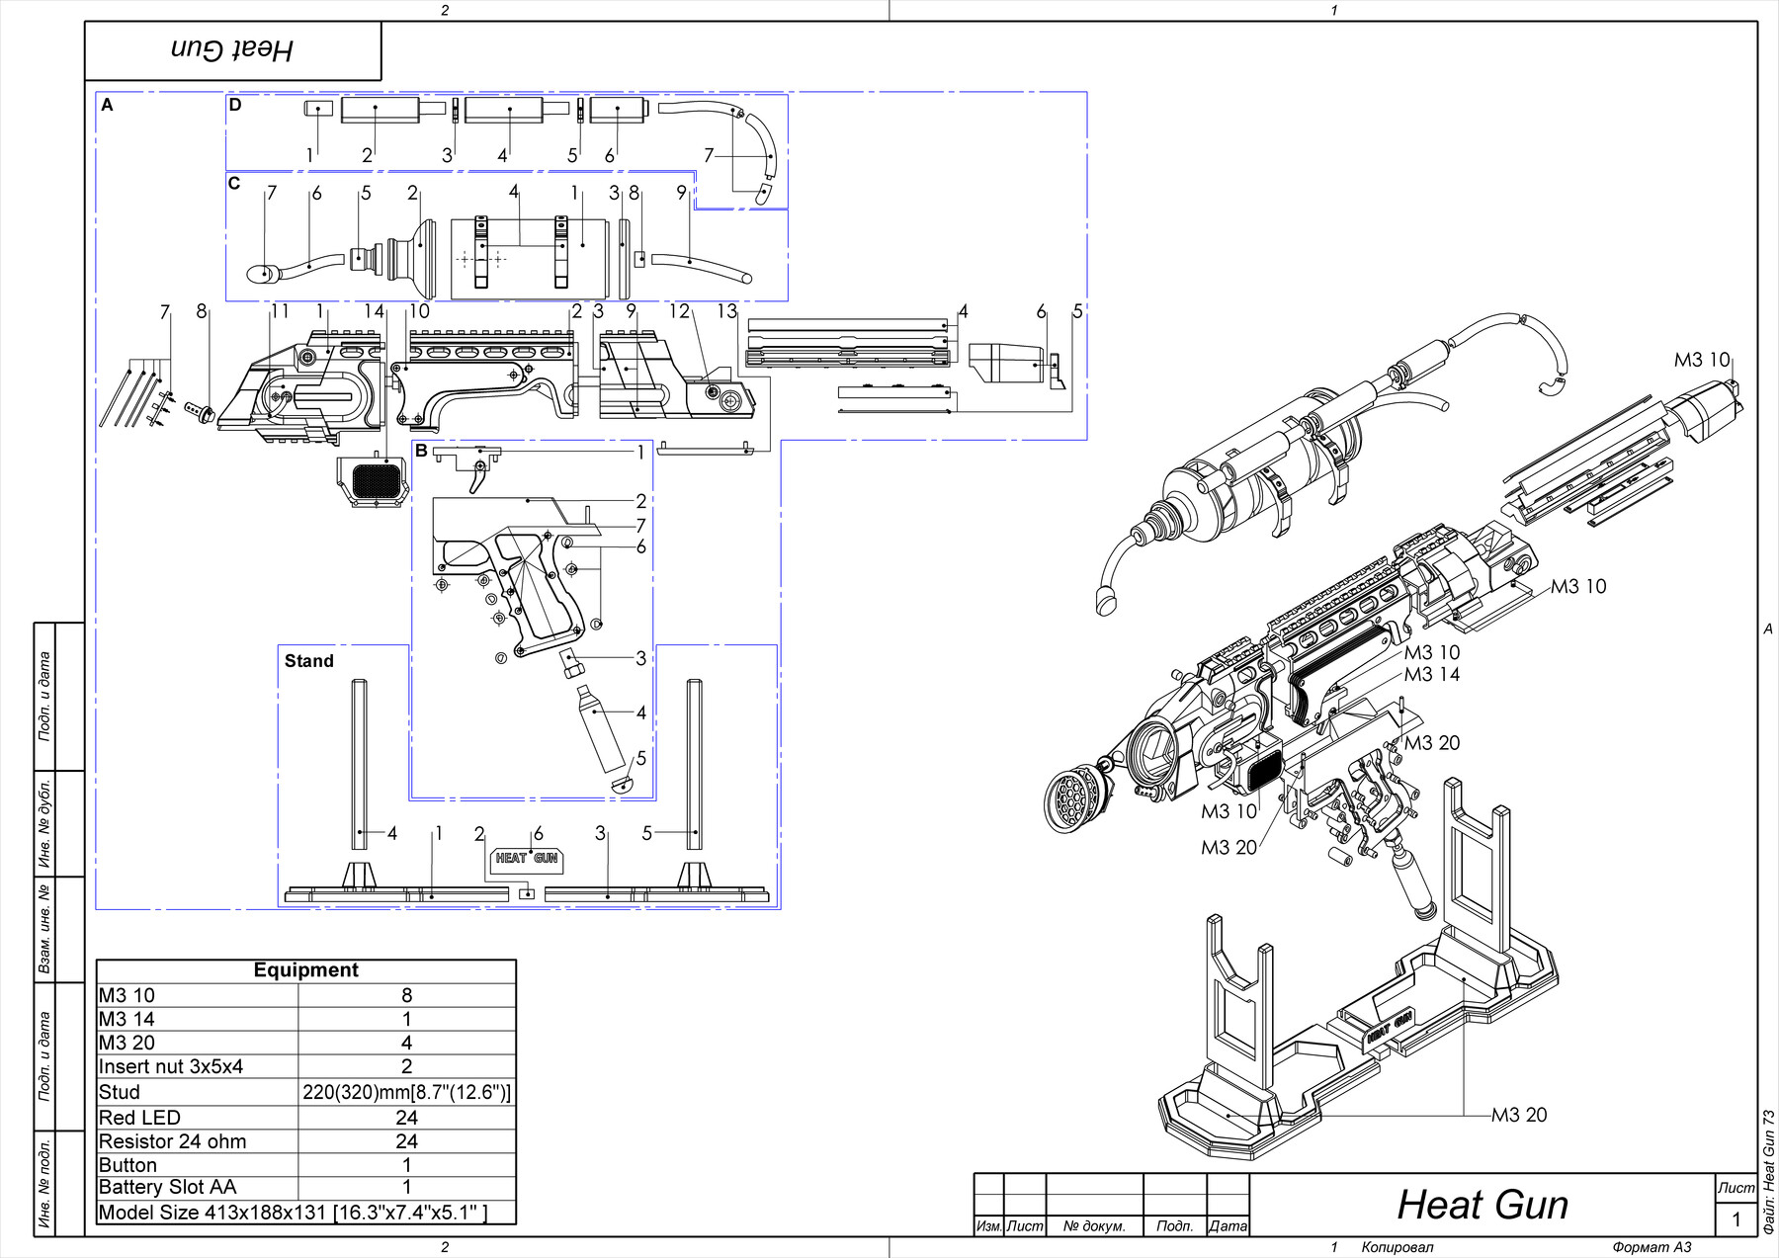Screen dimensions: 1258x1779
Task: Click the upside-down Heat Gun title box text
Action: pos(232,49)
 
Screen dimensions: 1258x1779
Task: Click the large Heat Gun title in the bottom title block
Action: pos(1482,1205)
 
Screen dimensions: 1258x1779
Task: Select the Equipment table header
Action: pos(305,970)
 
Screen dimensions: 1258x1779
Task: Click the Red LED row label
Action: pos(139,1118)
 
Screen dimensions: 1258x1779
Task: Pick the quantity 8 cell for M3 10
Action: pos(406,995)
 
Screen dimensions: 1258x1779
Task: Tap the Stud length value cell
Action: pos(406,1092)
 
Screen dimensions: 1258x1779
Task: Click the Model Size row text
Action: pos(293,1213)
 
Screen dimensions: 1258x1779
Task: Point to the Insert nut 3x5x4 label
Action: pos(170,1066)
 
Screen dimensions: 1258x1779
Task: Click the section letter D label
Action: pos(235,105)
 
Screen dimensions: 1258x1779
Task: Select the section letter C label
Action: pos(234,183)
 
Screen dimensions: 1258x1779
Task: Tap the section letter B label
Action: pos(421,451)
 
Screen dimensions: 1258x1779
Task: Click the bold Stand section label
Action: pos(308,661)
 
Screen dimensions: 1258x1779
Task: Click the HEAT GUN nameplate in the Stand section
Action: pos(526,858)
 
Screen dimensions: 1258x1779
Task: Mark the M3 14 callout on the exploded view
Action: pos(1431,675)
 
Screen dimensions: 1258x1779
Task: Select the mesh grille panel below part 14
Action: pos(376,481)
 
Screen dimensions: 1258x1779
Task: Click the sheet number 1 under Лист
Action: pos(1736,1219)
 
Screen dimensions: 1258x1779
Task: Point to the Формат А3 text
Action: pos(1652,1247)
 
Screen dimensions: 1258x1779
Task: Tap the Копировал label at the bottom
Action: pos(1397,1247)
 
